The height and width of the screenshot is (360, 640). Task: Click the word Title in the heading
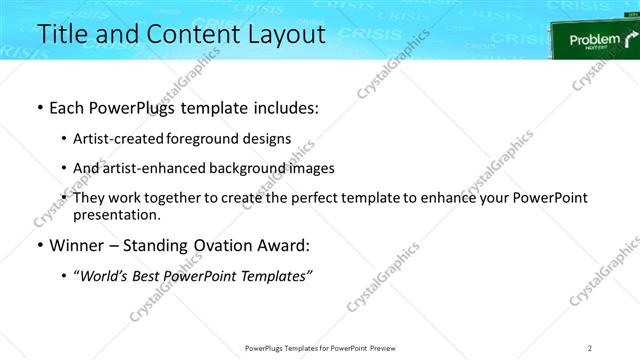tap(61, 34)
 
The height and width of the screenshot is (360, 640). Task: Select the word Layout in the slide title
tap(286, 34)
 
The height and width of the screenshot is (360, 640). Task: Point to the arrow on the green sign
tap(629, 40)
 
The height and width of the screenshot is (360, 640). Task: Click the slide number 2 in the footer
tap(590, 347)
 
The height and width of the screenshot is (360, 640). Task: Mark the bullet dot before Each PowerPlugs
tap(39, 107)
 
